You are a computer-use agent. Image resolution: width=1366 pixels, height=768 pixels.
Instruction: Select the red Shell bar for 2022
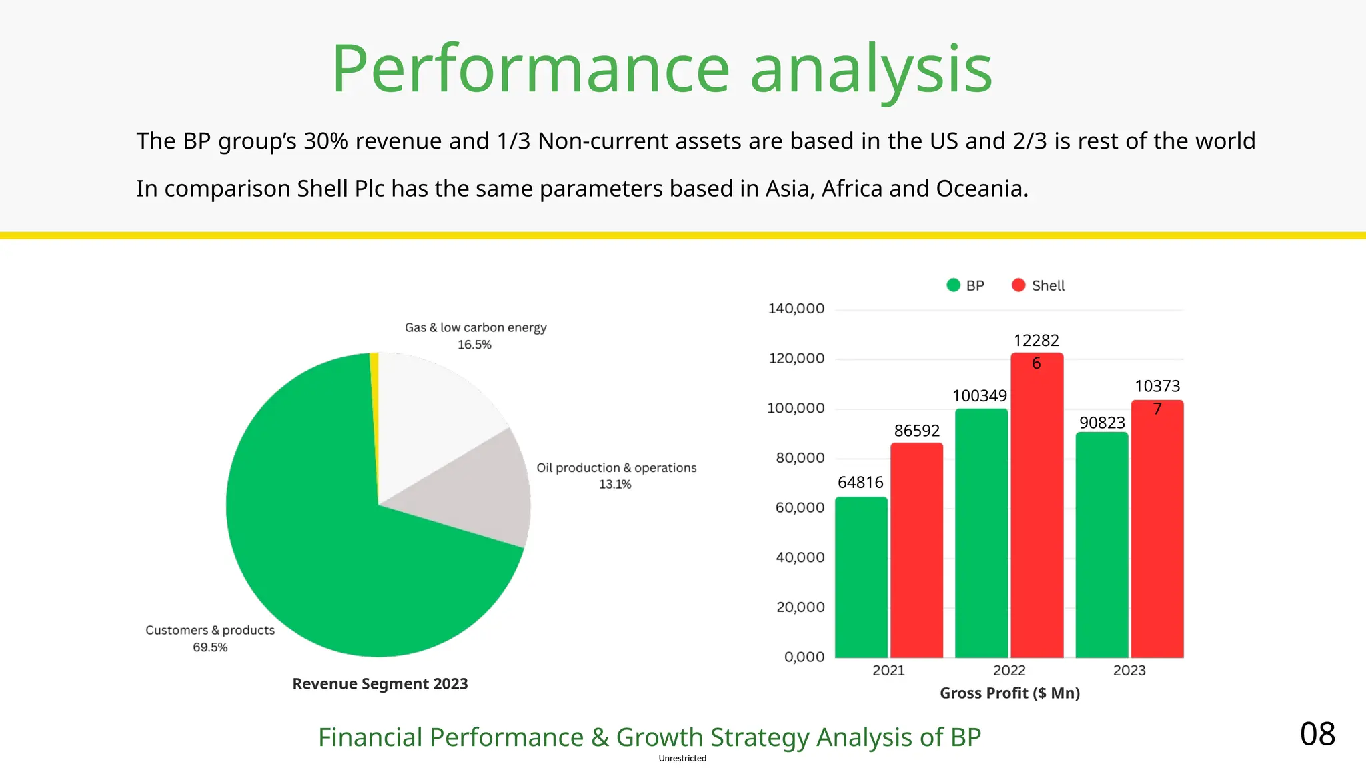1037,507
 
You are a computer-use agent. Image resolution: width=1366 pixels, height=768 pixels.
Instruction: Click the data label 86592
916,431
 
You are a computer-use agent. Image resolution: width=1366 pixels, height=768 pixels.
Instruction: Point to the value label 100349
979,396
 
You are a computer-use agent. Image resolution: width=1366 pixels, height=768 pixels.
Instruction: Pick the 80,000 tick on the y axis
800,458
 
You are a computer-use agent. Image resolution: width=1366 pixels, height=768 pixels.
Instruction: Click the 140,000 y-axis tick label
796,309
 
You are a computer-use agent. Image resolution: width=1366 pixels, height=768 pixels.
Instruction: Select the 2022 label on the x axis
1009,671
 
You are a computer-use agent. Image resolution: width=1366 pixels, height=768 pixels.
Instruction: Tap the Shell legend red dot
1018,285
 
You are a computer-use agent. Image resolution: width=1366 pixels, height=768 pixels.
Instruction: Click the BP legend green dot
953,285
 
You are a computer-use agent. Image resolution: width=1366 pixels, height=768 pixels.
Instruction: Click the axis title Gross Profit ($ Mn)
1009,693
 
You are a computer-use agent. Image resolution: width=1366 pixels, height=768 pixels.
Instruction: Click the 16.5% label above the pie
474,345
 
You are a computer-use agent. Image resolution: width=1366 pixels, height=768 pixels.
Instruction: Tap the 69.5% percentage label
210,647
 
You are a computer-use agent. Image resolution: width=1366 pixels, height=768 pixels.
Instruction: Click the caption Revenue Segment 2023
380,684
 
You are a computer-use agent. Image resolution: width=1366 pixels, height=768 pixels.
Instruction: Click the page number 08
1317,734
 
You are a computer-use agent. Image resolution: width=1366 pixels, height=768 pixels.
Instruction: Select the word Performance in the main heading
530,69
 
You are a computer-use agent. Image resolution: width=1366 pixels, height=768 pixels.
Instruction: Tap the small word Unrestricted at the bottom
682,759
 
